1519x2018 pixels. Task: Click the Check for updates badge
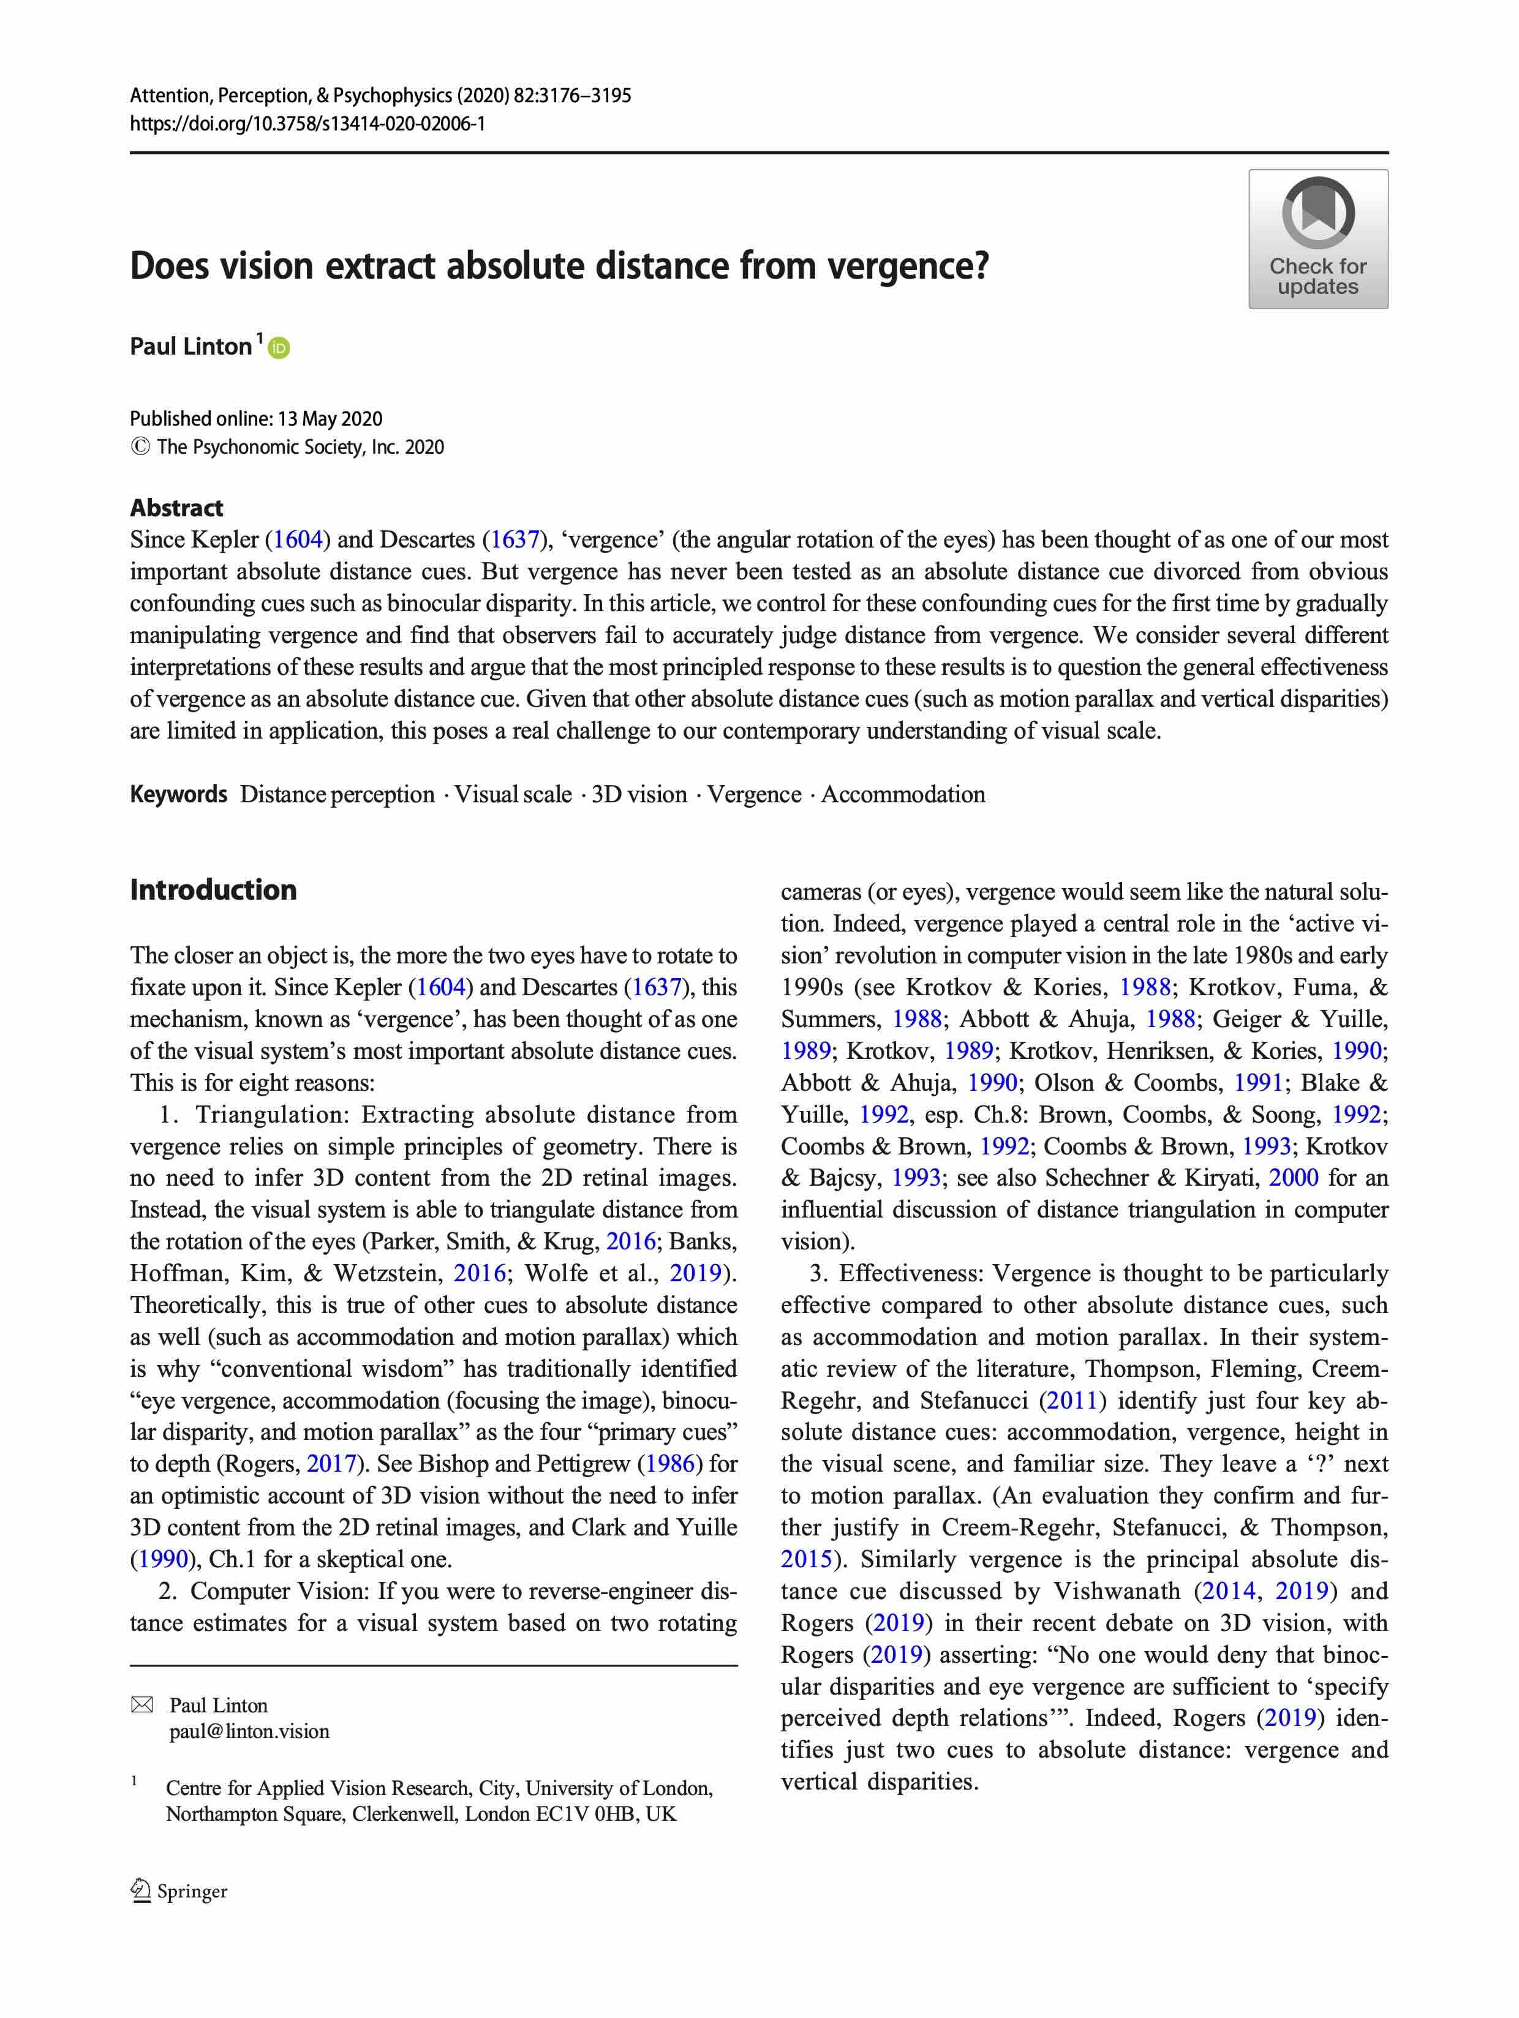coord(1317,239)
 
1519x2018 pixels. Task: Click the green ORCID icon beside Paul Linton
coord(279,348)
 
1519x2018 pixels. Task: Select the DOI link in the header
coord(307,123)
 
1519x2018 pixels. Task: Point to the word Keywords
coord(178,794)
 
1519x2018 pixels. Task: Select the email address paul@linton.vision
coord(249,1731)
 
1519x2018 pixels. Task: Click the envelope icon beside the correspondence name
coord(141,1705)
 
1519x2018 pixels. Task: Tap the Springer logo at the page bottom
coord(179,1891)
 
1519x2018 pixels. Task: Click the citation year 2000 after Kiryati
coord(1293,1178)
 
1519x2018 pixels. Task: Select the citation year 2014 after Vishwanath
coord(1227,1591)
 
